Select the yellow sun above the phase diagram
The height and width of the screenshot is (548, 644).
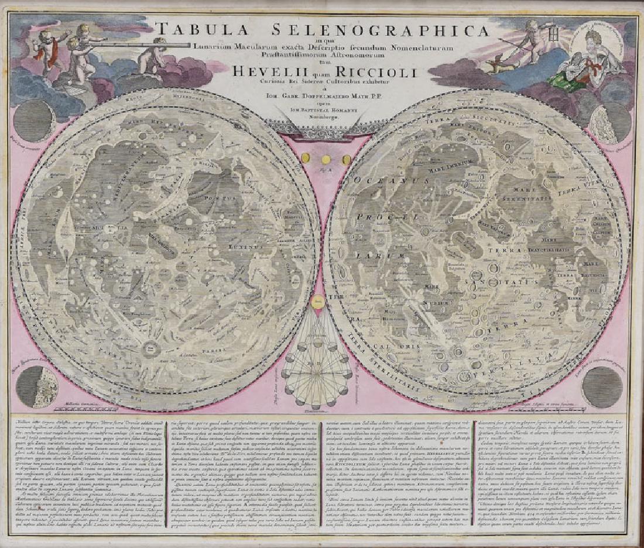(318, 303)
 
